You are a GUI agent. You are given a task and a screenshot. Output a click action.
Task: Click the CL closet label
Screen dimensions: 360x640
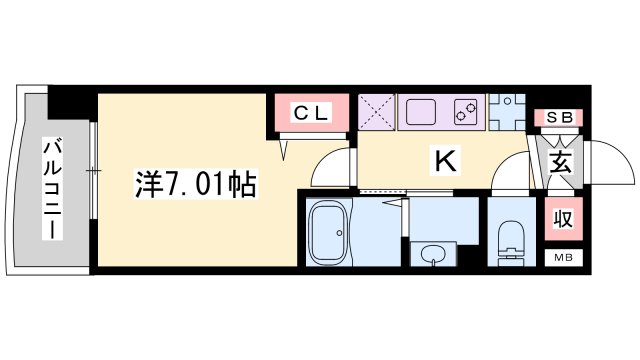pos(310,114)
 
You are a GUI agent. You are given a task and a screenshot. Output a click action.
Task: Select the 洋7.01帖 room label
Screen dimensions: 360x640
pos(196,184)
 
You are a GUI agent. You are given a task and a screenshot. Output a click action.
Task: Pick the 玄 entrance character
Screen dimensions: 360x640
pos(560,162)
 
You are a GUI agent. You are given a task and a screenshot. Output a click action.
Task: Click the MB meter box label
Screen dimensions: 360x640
pos(562,257)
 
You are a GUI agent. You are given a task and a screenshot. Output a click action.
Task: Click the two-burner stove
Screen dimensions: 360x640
pos(466,111)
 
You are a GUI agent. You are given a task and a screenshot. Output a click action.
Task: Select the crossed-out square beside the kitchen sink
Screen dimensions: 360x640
pos(377,111)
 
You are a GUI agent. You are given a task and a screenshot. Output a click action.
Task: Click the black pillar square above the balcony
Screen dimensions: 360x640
pos(71,99)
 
